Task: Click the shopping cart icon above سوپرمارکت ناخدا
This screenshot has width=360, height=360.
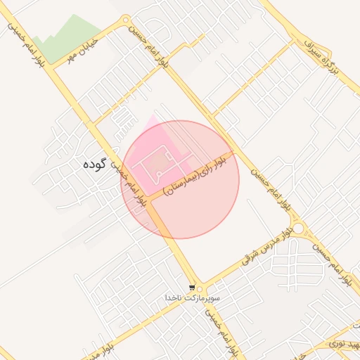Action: pyautogui.click(x=192, y=288)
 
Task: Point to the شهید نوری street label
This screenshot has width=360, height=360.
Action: pyautogui.click(x=340, y=345)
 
